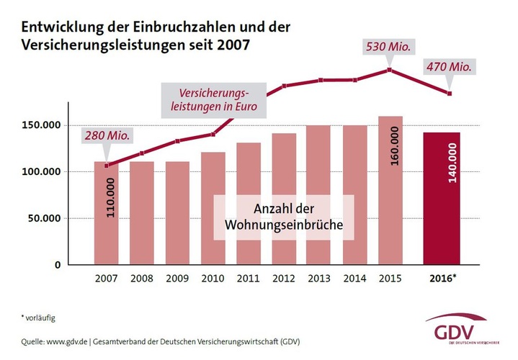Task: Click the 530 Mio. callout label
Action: click(x=389, y=47)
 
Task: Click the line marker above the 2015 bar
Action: click(x=390, y=70)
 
